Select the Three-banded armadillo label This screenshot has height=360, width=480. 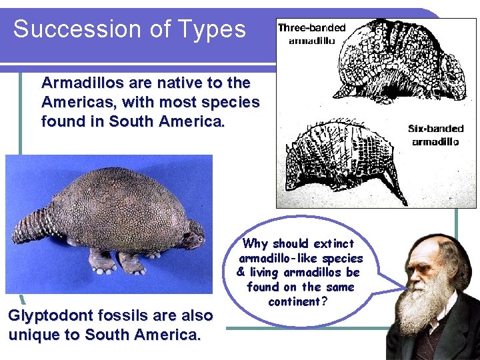click(311, 33)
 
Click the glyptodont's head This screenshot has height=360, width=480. click(194, 237)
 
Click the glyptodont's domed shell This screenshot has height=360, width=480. click(120, 207)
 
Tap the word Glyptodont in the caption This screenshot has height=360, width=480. click(49, 315)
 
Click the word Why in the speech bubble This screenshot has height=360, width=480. click(255, 244)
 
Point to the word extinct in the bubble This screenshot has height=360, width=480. click(333, 244)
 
